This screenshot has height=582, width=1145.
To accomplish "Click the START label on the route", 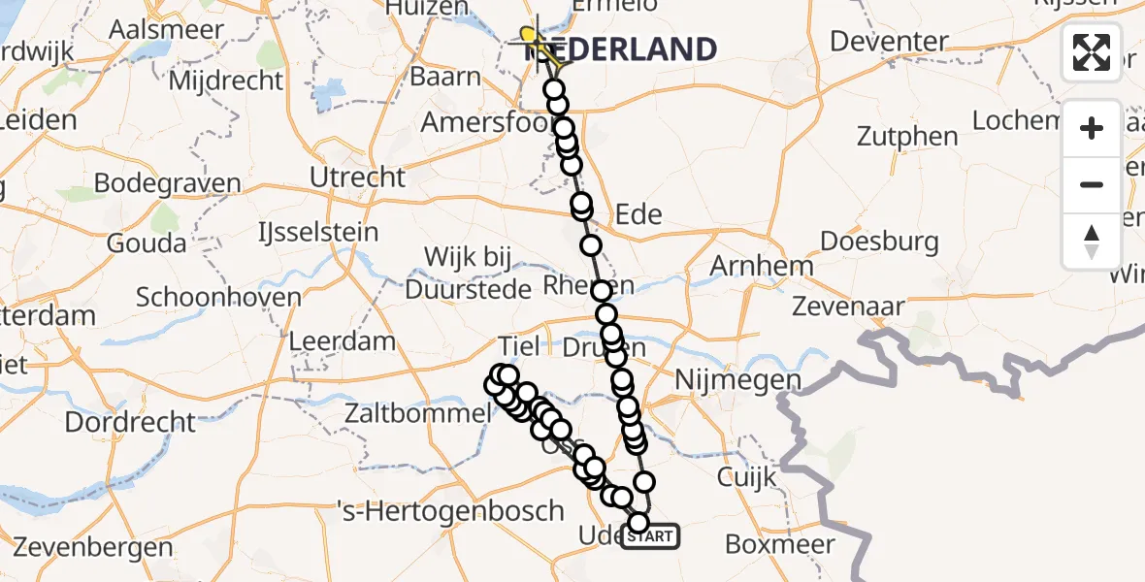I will [x=651, y=536].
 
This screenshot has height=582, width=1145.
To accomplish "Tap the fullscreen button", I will [x=1092, y=52].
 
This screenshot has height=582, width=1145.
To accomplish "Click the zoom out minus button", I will [x=1092, y=184].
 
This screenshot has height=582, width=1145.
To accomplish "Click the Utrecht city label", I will [x=357, y=178].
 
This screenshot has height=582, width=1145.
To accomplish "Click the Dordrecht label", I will [x=130, y=422].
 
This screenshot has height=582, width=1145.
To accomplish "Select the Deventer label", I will [x=890, y=42].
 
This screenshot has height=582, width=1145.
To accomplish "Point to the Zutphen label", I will [x=908, y=137].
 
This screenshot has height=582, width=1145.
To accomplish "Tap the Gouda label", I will [x=146, y=242].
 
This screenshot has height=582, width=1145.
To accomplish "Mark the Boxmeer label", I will [x=779, y=544].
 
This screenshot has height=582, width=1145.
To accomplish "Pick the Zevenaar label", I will [x=848, y=307].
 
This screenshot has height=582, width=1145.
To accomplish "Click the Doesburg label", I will [x=879, y=241].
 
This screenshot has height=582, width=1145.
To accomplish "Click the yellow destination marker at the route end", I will [x=529, y=36].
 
